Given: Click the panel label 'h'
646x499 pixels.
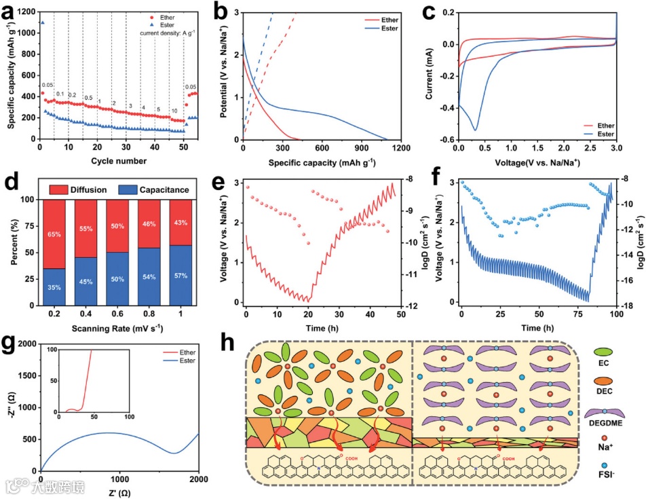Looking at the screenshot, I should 231,344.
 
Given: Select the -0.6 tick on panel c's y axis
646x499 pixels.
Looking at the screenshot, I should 446,140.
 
